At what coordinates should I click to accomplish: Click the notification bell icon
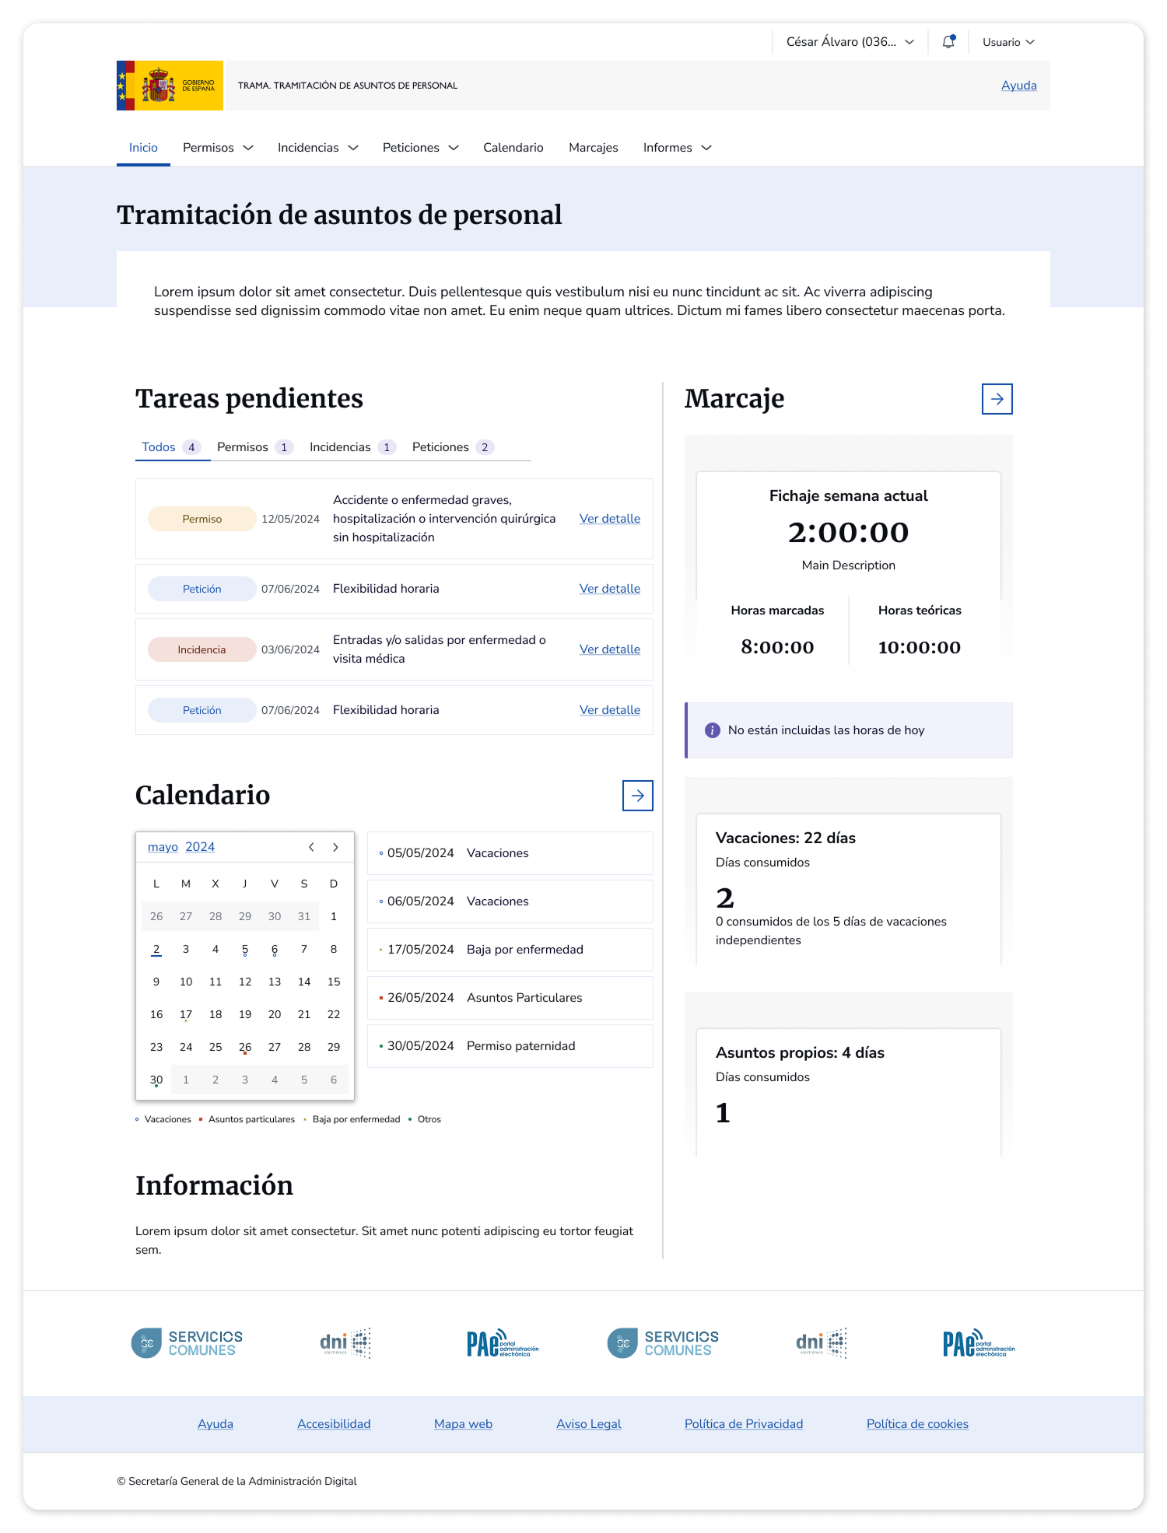[948, 42]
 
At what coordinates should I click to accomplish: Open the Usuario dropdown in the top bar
[1008, 42]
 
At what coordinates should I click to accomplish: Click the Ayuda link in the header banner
[1018, 86]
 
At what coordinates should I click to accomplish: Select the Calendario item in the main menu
[513, 148]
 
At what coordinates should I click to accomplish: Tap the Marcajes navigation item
[593, 148]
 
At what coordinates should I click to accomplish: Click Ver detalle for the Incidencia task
[609, 649]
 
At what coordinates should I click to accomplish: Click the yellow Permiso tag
[202, 519]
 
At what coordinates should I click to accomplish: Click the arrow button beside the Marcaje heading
[997, 399]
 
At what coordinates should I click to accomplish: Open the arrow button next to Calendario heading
[637, 796]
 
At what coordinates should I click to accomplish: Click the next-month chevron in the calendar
[335, 847]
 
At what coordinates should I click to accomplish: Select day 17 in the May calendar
[186, 1014]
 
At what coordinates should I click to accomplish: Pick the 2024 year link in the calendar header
[200, 847]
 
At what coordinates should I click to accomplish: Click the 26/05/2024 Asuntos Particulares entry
[510, 998]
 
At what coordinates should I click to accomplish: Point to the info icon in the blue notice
[712, 730]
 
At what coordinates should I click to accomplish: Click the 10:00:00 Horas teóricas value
[919, 647]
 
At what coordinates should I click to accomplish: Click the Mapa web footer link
[463, 1424]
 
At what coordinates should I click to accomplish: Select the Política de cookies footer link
[917, 1424]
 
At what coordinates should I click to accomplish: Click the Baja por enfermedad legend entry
[356, 1119]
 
